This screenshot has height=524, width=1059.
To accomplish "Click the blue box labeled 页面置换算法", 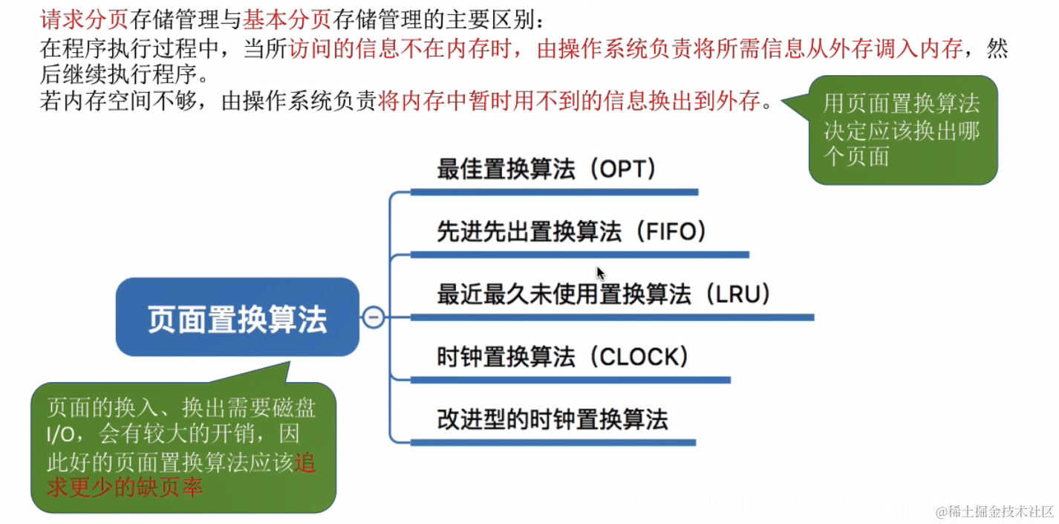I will tap(237, 318).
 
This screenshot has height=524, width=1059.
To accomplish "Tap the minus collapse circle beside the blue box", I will tap(373, 317).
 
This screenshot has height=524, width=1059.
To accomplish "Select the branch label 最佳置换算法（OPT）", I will tap(547, 169).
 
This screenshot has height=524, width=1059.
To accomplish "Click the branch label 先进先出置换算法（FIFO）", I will tap(571, 232).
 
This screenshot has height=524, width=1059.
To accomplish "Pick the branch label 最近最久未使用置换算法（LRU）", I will tap(604, 294).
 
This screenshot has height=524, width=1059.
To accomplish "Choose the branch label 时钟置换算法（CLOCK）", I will tap(563, 357).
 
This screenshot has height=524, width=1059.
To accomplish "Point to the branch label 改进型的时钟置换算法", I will tap(553, 419).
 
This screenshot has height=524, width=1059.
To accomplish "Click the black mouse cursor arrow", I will tap(601, 273).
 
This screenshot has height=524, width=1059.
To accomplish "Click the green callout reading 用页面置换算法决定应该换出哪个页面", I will tap(902, 130).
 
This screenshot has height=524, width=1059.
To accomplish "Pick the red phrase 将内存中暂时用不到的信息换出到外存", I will tap(569, 101).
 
